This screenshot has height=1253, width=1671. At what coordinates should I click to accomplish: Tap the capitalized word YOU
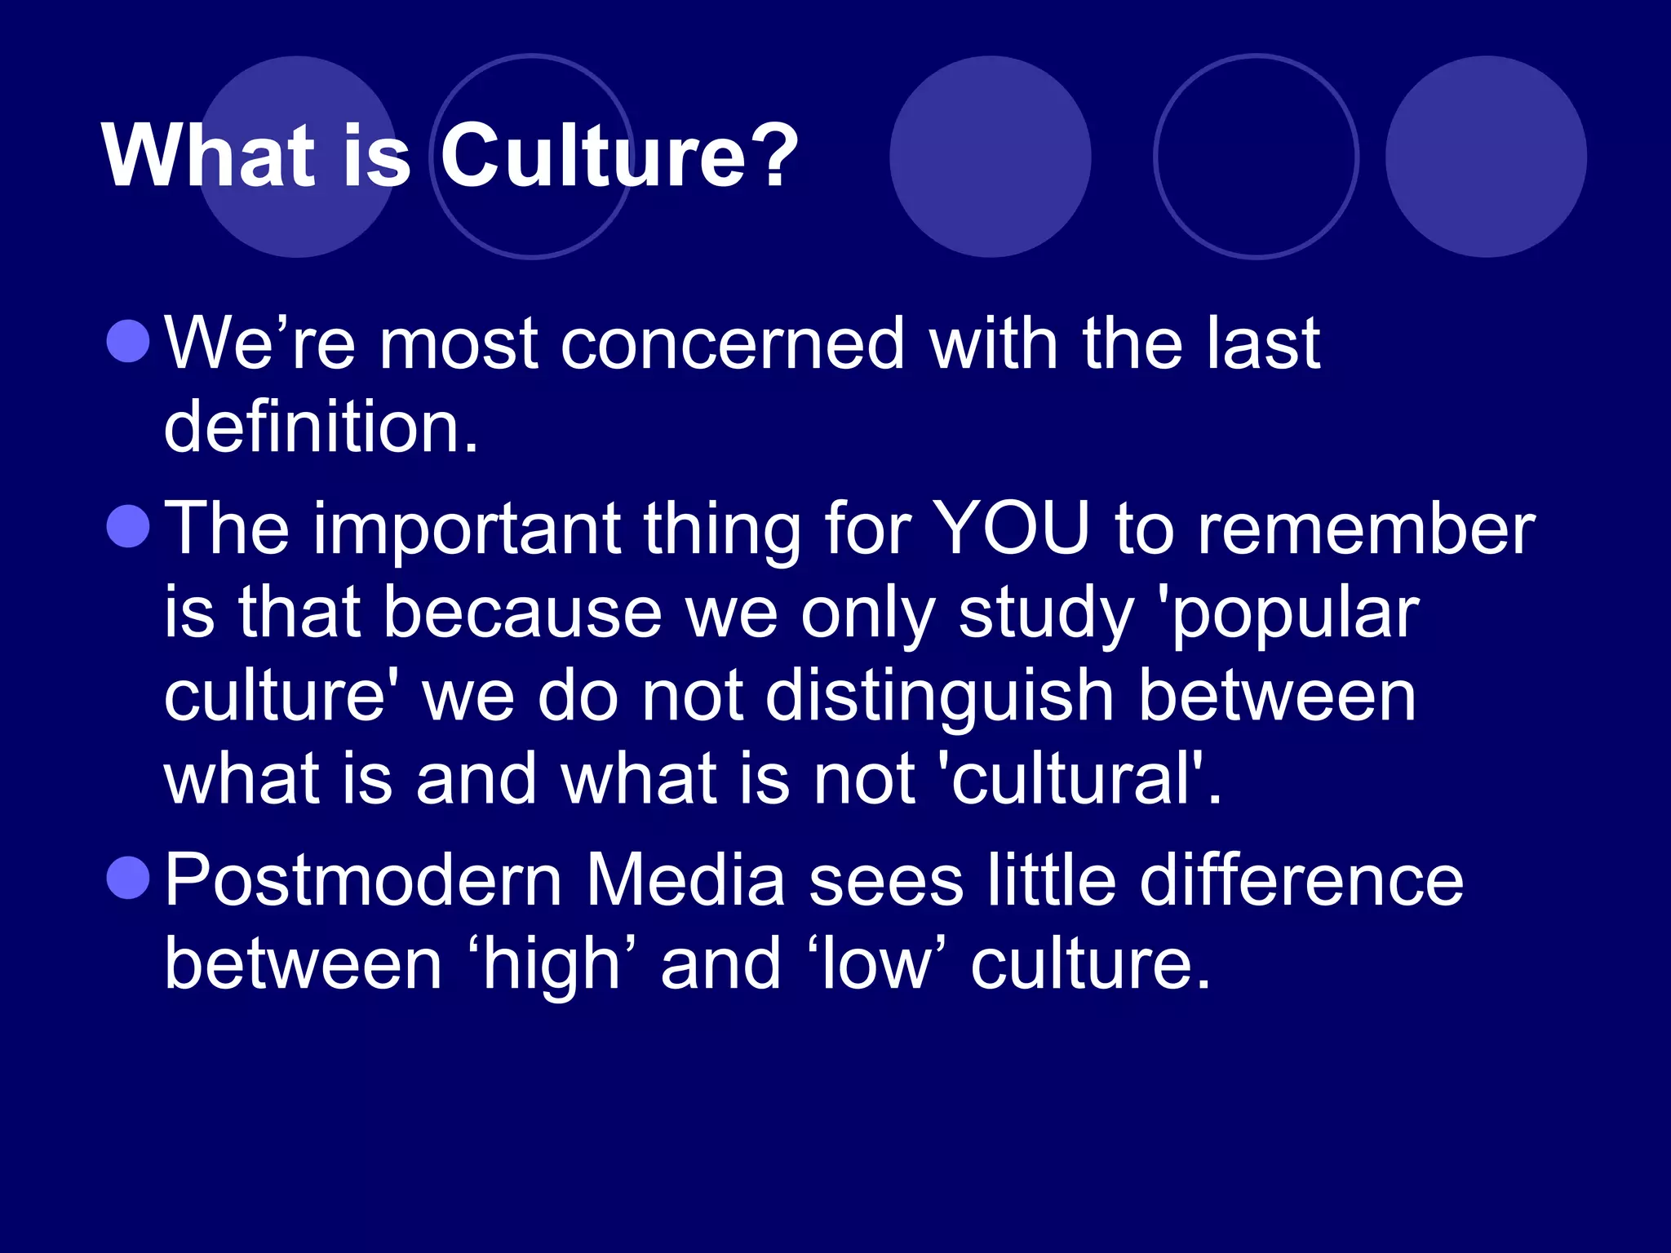1011,529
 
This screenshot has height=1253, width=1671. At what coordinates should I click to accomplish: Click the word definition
321,427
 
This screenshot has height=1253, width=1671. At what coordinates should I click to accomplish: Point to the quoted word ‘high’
552,965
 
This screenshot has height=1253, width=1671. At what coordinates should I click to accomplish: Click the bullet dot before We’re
128,340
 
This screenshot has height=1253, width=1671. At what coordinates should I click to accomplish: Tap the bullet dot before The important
128,526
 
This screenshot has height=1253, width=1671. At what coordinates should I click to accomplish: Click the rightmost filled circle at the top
1486,157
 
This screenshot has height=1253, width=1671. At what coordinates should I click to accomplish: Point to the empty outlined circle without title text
1257,157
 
